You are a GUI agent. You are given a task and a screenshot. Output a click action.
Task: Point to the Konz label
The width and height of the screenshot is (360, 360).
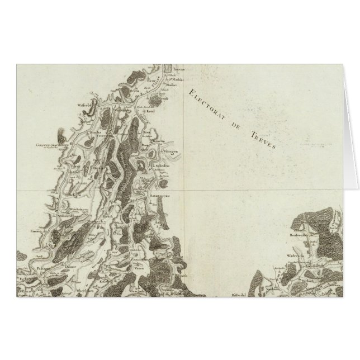[150, 112]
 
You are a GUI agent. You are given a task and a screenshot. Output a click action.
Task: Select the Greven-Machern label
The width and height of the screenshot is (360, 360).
[51, 145]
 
